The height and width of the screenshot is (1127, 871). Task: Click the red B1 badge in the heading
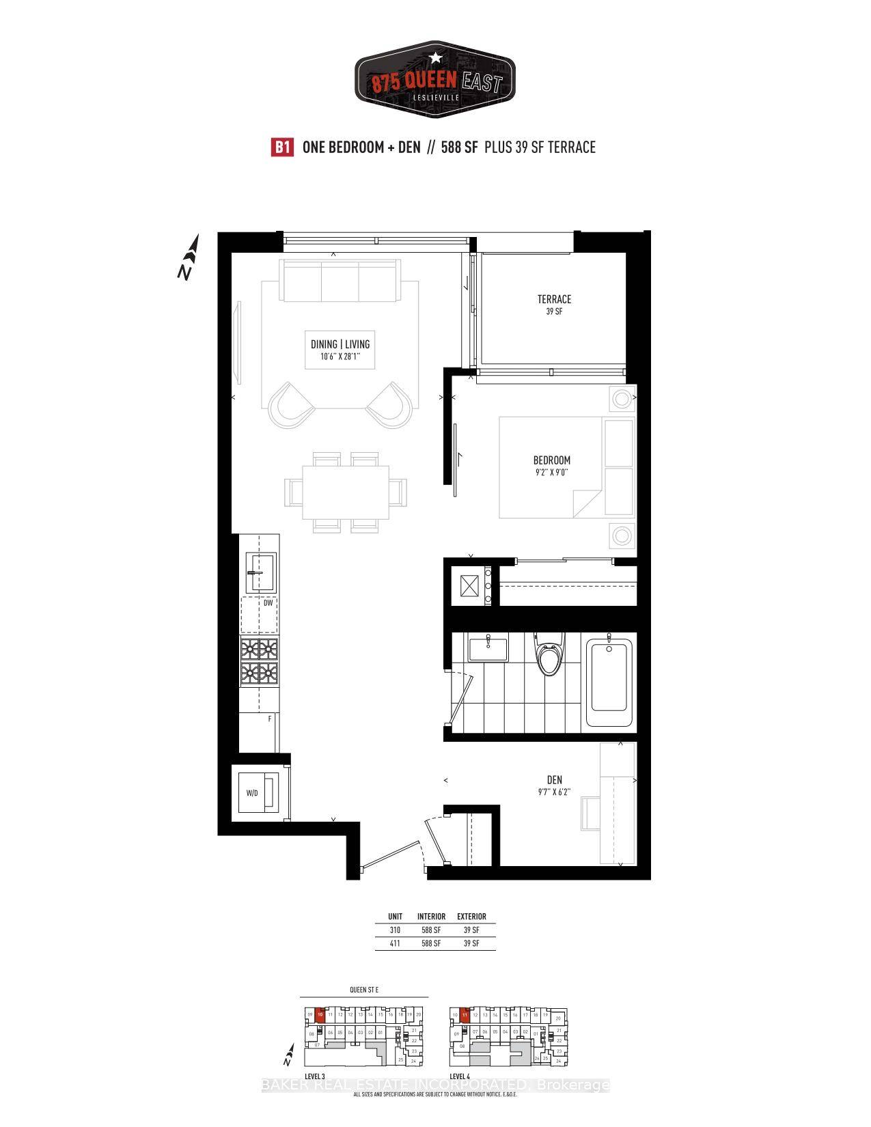(x=282, y=148)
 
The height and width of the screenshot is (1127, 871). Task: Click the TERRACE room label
(x=554, y=299)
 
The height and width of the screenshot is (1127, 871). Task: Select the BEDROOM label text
(x=552, y=460)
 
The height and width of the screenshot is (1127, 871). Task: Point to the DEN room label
(x=554, y=780)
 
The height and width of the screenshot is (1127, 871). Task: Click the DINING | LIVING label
(x=340, y=344)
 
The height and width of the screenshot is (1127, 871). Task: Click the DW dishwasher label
(x=268, y=603)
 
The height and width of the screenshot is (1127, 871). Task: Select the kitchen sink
(x=260, y=572)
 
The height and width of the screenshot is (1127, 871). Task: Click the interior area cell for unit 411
(x=431, y=943)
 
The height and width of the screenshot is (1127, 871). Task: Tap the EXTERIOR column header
(x=471, y=917)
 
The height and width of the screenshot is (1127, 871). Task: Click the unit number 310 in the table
(x=395, y=930)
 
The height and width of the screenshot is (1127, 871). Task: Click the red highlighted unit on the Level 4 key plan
(x=465, y=1015)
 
